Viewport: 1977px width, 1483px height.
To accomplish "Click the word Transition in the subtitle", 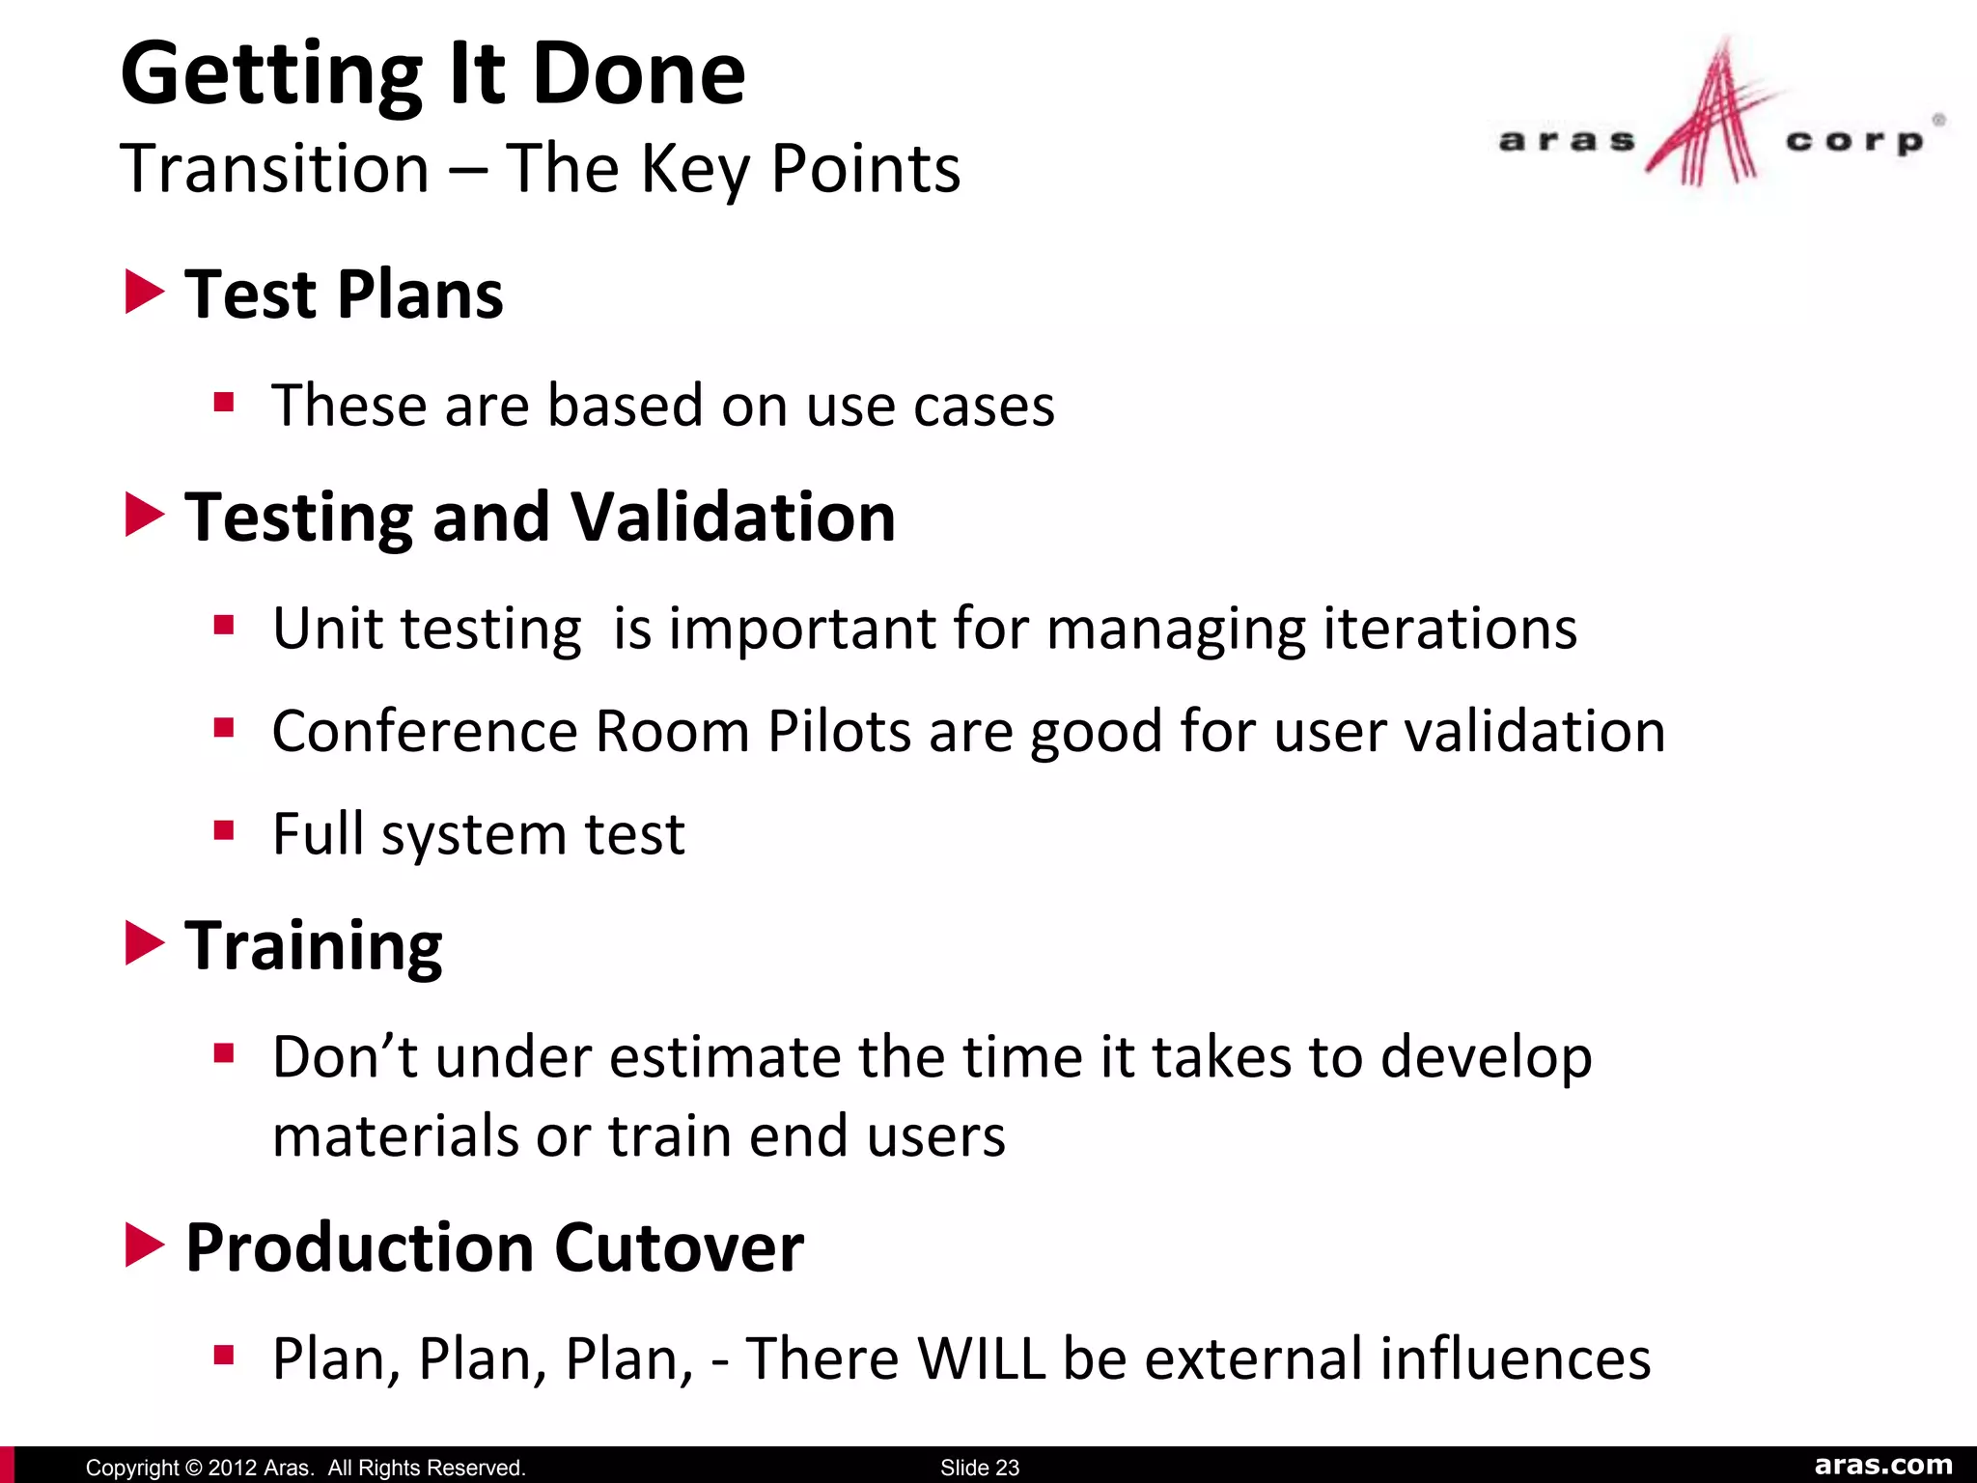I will click(x=274, y=169).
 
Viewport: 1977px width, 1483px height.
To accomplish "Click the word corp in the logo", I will click(x=1853, y=141).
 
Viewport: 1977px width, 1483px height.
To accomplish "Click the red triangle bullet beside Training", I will click(x=145, y=943).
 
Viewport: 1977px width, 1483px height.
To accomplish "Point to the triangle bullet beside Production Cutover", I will click(x=145, y=1245).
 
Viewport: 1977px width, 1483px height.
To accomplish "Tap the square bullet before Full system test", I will click(x=224, y=830).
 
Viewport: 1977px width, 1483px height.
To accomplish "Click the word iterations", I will click(x=1449, y=629).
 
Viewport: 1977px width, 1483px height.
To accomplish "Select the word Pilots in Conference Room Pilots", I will click(x=838, y=731).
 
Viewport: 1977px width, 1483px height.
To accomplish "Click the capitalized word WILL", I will click(x=981, y=1358).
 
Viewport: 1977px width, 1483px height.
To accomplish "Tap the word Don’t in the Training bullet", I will click(x=345, y=1056).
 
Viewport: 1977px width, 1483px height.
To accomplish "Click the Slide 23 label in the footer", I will click(x=979, y=1468).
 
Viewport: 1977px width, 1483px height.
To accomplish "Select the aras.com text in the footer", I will click(x=1882, y=1465).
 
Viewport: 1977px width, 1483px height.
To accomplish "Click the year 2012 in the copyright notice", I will click(x=233, y=1468).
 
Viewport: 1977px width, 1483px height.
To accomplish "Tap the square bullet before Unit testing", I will click(x=224, y=626).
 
